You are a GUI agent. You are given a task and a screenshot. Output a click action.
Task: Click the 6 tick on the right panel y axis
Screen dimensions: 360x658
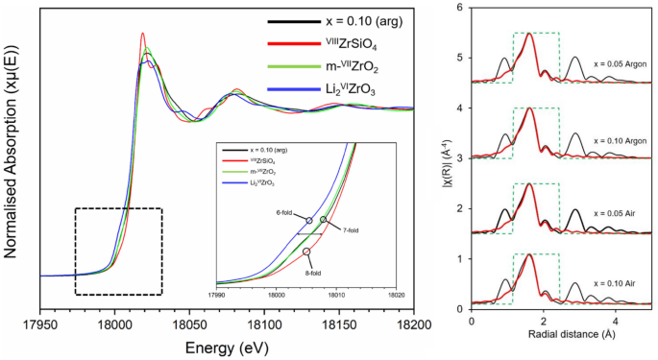461,8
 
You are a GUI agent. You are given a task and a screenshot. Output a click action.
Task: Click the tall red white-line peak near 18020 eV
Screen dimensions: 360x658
143,35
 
